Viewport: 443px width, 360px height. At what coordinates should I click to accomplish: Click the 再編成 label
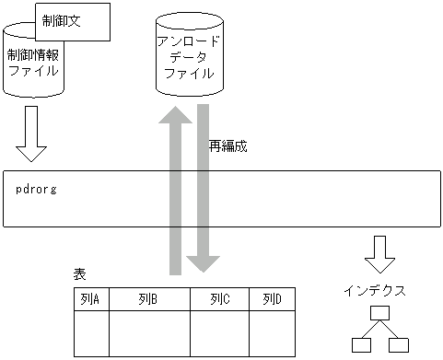pos(228,145)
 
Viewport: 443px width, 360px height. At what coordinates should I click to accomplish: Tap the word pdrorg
pos(38,189)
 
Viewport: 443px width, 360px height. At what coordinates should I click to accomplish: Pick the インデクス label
pos(374,289)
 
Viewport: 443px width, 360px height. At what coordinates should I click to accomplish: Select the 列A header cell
pos(91,299)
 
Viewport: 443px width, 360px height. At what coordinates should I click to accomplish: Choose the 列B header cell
pos(148,299)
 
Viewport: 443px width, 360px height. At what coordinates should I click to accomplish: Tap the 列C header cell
pos(219,299)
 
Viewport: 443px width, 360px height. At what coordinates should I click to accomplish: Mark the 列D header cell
pos(272,299)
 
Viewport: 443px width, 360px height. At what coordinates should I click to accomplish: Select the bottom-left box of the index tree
pos(362,346)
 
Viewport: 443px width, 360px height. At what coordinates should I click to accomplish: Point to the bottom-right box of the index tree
pos(398,346)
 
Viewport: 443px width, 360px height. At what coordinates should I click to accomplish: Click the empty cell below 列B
pos(148,333)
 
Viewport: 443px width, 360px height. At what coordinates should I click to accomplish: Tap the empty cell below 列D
pos(272,333)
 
